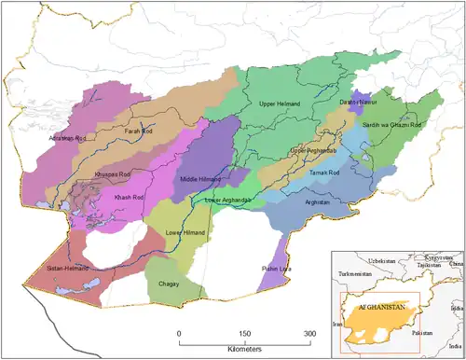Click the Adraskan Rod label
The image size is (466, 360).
click(67, 138)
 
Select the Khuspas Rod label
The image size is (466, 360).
click(112, 173)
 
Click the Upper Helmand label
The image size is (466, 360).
click(281, 104)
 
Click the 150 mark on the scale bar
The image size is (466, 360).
click(245, 333)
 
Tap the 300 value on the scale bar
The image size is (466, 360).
click(308, 333)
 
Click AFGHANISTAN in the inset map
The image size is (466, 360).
click(379, 305)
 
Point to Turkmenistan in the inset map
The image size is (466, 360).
click(356, 273)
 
